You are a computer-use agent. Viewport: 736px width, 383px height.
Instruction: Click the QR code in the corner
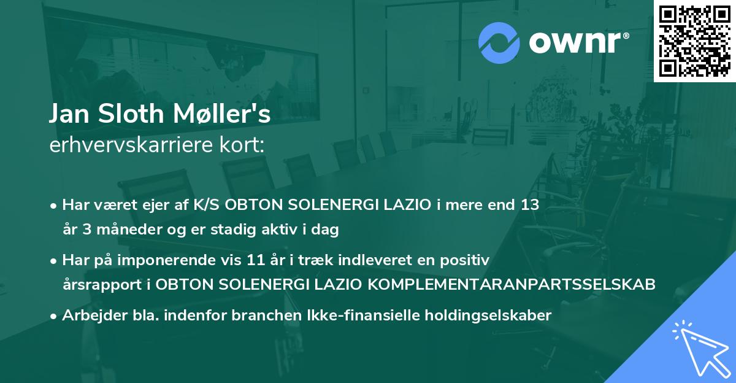(x=695, y=41)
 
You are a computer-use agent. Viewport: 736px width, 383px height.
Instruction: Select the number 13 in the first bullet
(x=530, y=204)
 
